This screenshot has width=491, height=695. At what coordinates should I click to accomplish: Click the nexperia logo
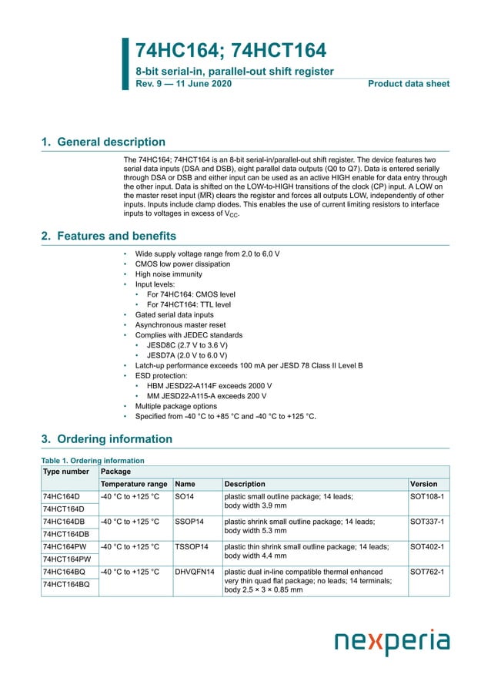click(x=392, y=642)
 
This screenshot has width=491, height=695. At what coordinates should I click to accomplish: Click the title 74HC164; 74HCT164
click(x=230, y=50)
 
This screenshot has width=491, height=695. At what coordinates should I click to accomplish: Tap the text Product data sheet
click(x=409, y=83)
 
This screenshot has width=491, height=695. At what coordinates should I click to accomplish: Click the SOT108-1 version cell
click(x=427, y=497)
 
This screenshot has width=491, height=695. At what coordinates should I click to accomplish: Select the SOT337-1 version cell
click(x=427, y=522)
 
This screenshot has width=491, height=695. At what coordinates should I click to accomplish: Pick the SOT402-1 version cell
click(x=427, y=546)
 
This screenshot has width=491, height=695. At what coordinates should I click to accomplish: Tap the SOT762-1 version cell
click(x=427, y=572)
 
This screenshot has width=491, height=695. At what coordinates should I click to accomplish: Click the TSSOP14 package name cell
click(x=192, y=546)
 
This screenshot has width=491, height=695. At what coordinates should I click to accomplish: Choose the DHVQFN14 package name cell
click(x=195, y=572)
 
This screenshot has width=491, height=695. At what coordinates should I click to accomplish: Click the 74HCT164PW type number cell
click(x=67, y=559)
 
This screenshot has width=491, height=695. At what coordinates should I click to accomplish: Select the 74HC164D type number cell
click(x=62, y=497)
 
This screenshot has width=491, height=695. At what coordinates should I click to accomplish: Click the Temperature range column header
click(x=134, y=484)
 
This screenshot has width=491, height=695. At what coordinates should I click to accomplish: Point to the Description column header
click(x=245, y=484)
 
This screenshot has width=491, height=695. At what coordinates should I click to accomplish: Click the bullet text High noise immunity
click(x=169, y=274)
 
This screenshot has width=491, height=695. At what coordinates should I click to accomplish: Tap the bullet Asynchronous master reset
click(x=180, y=325)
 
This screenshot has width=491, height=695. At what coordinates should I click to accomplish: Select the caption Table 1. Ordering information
click(x=92, y=461)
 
